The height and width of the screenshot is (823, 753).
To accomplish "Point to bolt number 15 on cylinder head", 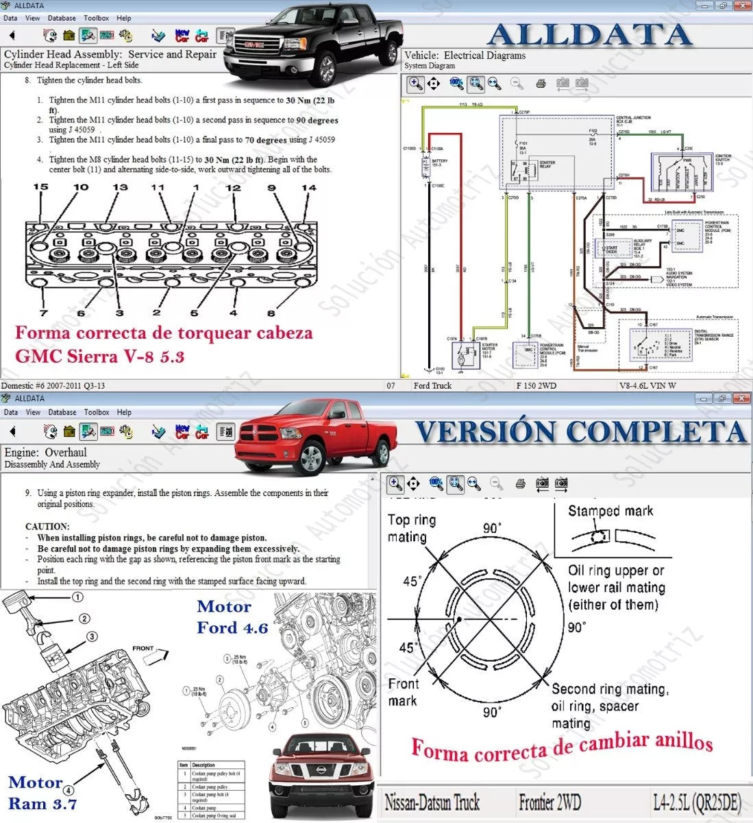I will click(40, 187).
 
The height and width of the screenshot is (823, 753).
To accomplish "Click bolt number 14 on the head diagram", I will click(309, 188).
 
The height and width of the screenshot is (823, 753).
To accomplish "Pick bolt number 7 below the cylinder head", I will click(43, 313).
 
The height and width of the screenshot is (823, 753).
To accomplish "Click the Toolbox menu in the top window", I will click(96, 19).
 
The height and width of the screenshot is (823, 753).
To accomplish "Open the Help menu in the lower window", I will click(124, 412).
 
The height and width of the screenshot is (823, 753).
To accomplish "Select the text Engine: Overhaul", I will click(45, 453).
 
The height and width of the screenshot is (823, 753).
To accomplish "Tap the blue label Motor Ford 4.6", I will click(232, 617).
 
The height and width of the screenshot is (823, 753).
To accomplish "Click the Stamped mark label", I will click(610, 511).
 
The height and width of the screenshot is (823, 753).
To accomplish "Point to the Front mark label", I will click(403, 692).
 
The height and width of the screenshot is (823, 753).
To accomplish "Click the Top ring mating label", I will click(412, 528).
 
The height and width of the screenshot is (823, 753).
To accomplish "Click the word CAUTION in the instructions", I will click(47, 526).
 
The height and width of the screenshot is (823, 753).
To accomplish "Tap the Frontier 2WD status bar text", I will click(551, 801).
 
